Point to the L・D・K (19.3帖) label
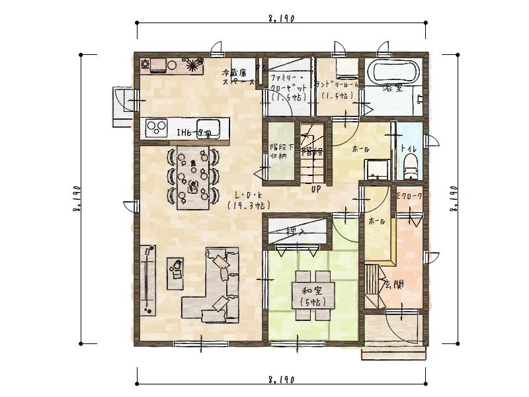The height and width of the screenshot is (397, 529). tap(248, 200)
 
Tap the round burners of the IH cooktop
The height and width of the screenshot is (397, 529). tap(156, 127)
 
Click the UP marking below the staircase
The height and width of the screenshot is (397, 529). tap(316, 189)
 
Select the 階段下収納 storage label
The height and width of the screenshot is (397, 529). tap(278, 152)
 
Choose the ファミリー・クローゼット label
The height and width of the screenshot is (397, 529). tap(288, 86)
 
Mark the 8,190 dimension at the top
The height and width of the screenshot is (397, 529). tap(281, 20)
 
